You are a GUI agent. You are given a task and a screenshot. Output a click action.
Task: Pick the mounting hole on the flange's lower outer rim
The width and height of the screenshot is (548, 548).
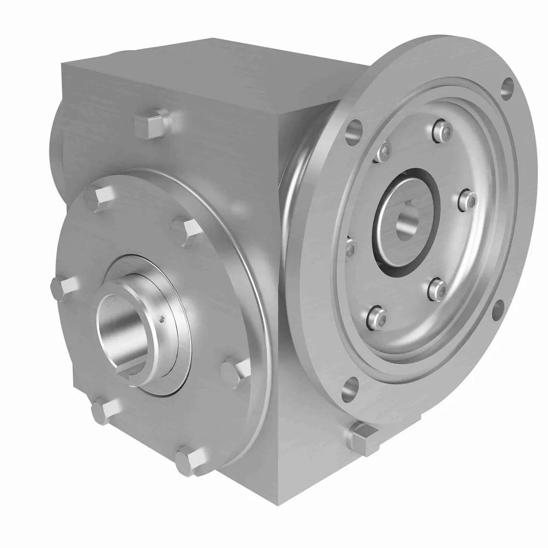point(498,310)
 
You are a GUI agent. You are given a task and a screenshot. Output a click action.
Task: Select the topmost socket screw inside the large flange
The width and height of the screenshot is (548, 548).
point(443,131)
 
